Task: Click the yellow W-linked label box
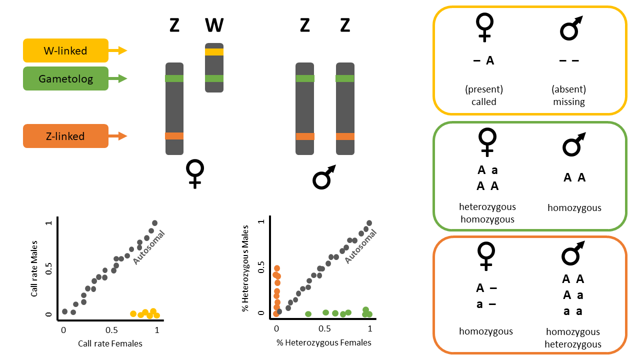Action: (x=65, y=50)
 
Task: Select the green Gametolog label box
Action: (x=65, y=78)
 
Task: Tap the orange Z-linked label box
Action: (x=65, y=136)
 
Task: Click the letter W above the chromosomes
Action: (x=214, y=25)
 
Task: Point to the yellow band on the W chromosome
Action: (x=214, y=52)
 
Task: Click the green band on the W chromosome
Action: (x=214, y=78)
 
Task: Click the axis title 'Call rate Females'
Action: (x=110, y=343)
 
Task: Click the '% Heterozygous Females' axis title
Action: (x=323, y=342)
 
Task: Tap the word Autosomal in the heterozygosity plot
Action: (x=360, y=245)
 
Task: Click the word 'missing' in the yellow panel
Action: (x=569, y=101)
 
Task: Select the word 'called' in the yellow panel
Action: (x=484, y=101)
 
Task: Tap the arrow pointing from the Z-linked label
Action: (x=118, y=136)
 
